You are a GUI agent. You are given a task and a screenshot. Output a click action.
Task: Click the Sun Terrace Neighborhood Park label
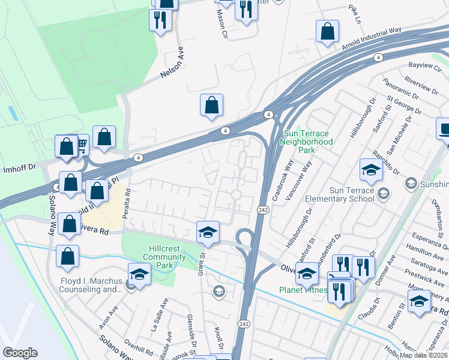[x=308, y=142]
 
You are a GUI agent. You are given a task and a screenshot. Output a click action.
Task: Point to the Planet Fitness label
[x=304, y=290]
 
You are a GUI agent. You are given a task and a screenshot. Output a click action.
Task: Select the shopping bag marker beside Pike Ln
[x=327, y=32]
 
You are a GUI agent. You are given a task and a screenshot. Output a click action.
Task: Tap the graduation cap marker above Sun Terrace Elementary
[x=371, y=170]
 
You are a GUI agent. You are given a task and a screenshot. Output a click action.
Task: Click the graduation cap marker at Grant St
[x=208, y=233]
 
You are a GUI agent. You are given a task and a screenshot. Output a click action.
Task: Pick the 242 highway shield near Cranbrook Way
[x=263, y=209]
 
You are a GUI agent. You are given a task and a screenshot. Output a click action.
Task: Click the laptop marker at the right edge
[x=444, y=129]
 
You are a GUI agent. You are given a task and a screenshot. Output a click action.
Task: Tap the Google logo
[x=20, y=353]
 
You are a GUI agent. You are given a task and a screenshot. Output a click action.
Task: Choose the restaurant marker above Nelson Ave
[x=160, y=20]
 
